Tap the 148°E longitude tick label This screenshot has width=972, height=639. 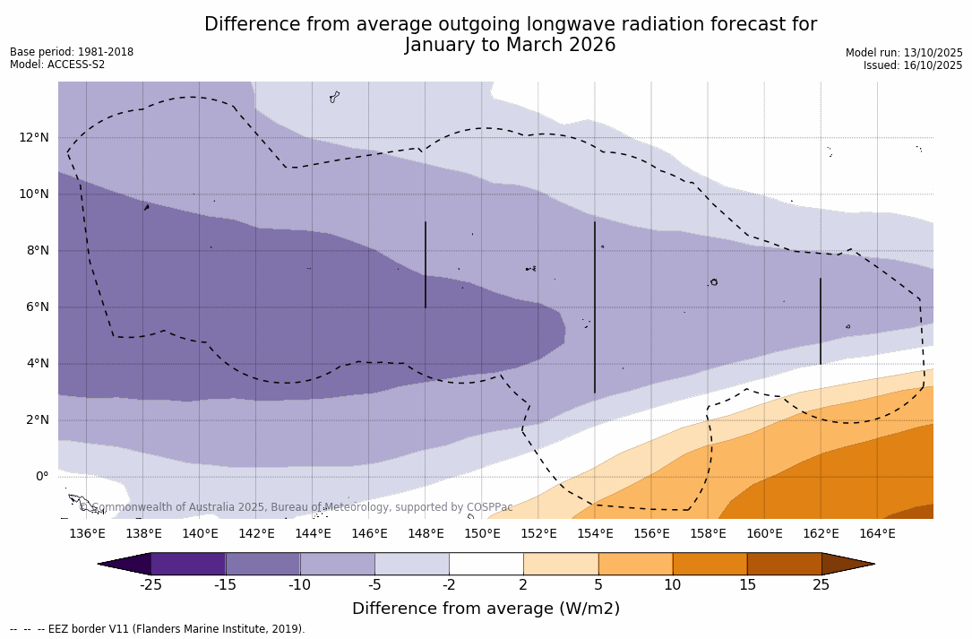426,534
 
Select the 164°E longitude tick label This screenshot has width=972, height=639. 877,534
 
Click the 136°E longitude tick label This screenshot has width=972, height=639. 87,534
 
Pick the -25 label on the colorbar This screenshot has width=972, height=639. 151,585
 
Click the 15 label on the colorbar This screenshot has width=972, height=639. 747,585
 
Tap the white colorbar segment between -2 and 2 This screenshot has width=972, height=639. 486,564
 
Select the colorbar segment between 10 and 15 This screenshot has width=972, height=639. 710,564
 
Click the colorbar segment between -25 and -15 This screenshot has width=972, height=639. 188,564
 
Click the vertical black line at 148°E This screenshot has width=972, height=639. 426,264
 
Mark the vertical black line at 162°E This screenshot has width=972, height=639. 821,321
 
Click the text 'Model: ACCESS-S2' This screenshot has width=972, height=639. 57,65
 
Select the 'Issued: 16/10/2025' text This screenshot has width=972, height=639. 913,65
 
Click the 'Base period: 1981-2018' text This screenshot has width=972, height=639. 72,52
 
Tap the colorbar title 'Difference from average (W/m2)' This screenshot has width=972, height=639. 486,609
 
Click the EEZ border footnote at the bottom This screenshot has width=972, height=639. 158,629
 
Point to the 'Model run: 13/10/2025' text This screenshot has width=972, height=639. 904,53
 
